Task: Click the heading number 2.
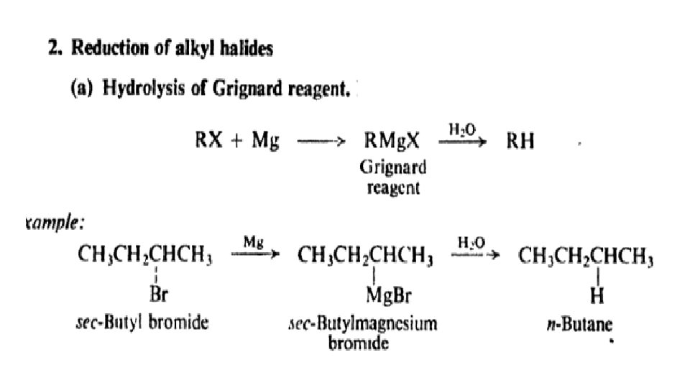coord(43,49)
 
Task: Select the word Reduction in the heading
coord(94,49)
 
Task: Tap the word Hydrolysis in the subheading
coord(140,90)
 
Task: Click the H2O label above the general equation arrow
coord(461,129)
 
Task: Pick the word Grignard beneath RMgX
coord(392,167)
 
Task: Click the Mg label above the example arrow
coord(252,244)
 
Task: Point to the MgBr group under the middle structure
coord(389,295)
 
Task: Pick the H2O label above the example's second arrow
coord(471,244)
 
